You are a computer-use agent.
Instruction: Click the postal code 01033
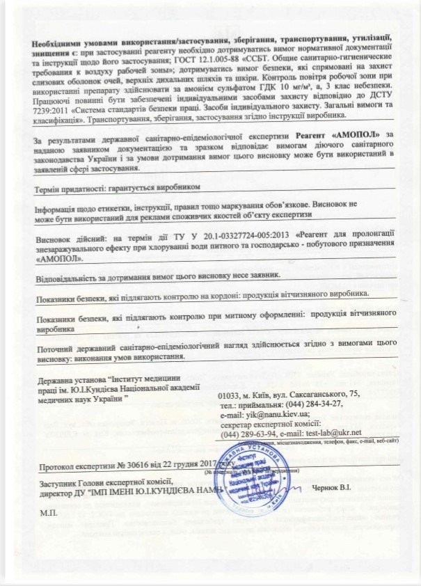[x=230, y=395]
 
